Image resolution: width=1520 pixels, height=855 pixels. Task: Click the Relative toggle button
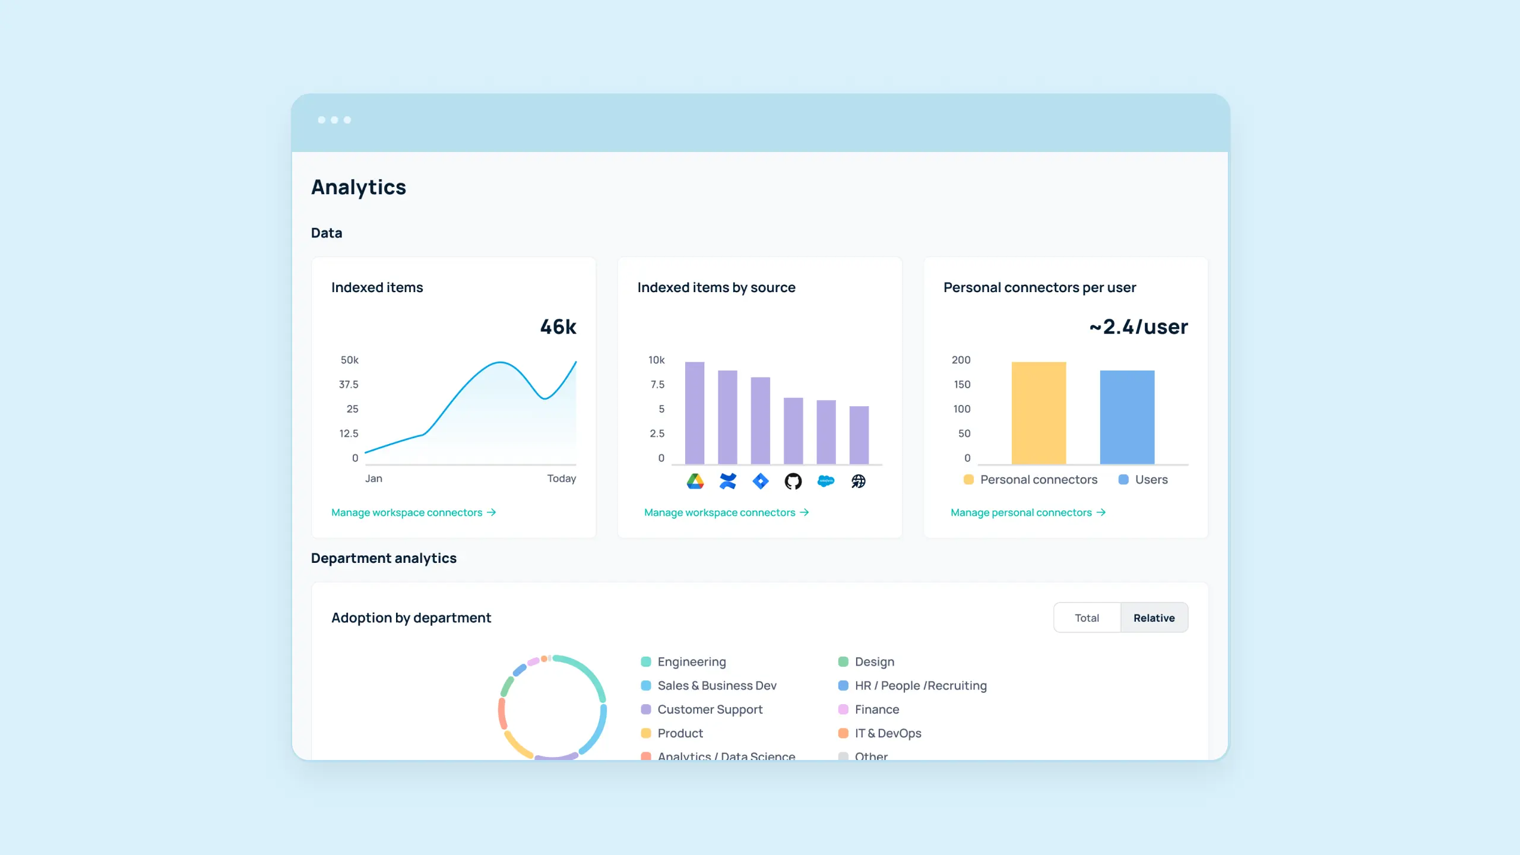click(x=1154, y=617)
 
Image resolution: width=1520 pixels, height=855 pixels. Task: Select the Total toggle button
click(x=1087, y=617)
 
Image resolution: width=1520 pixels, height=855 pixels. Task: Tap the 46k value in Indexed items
click(x=558, y=327)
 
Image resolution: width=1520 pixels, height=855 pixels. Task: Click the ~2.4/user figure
click(x=1138, y=327)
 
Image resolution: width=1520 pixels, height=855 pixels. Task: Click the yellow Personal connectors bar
click(x=1038, y=413)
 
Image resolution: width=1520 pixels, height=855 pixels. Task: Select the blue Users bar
click(x=1127, y=417)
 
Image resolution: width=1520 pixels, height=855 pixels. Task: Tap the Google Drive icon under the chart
click(x=695, y=481)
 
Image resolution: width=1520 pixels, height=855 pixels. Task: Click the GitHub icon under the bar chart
click(x=793, y=481)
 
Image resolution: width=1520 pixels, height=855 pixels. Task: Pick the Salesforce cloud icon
click(x=825, y=481)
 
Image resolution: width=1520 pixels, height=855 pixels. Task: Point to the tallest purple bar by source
click(x=695, y=413)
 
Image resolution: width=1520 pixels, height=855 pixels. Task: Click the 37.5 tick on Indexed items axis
click(x=349, y=385)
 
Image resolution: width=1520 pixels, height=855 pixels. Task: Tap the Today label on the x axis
click(x=561, y=479)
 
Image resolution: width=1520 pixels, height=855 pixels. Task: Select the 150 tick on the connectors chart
click(x=962, y=385)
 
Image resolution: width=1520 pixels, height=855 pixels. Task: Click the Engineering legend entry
click(x=691, y=661)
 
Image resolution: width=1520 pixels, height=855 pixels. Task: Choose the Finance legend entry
click(x=876, y=710)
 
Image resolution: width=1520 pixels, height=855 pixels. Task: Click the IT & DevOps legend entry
click(x=888, y=733)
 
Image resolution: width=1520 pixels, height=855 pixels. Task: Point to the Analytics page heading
click(x=359, y=187)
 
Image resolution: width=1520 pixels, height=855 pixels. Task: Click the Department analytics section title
click(x=384, y=558)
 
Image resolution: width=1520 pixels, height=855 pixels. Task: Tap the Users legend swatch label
click(x=1151, y=480)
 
